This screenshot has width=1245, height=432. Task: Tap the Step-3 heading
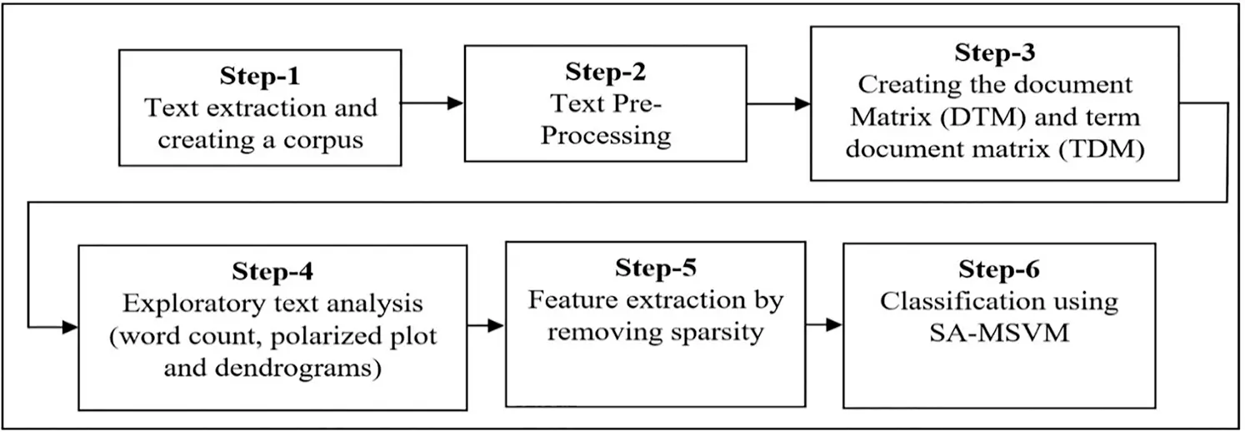(995, 53)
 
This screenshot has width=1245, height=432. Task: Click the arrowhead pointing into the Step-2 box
(455, 103)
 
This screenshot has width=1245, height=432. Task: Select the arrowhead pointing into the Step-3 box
(802, 104)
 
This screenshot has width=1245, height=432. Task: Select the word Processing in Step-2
(605, 135)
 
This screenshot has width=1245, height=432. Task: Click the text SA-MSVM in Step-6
(999, 333)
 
